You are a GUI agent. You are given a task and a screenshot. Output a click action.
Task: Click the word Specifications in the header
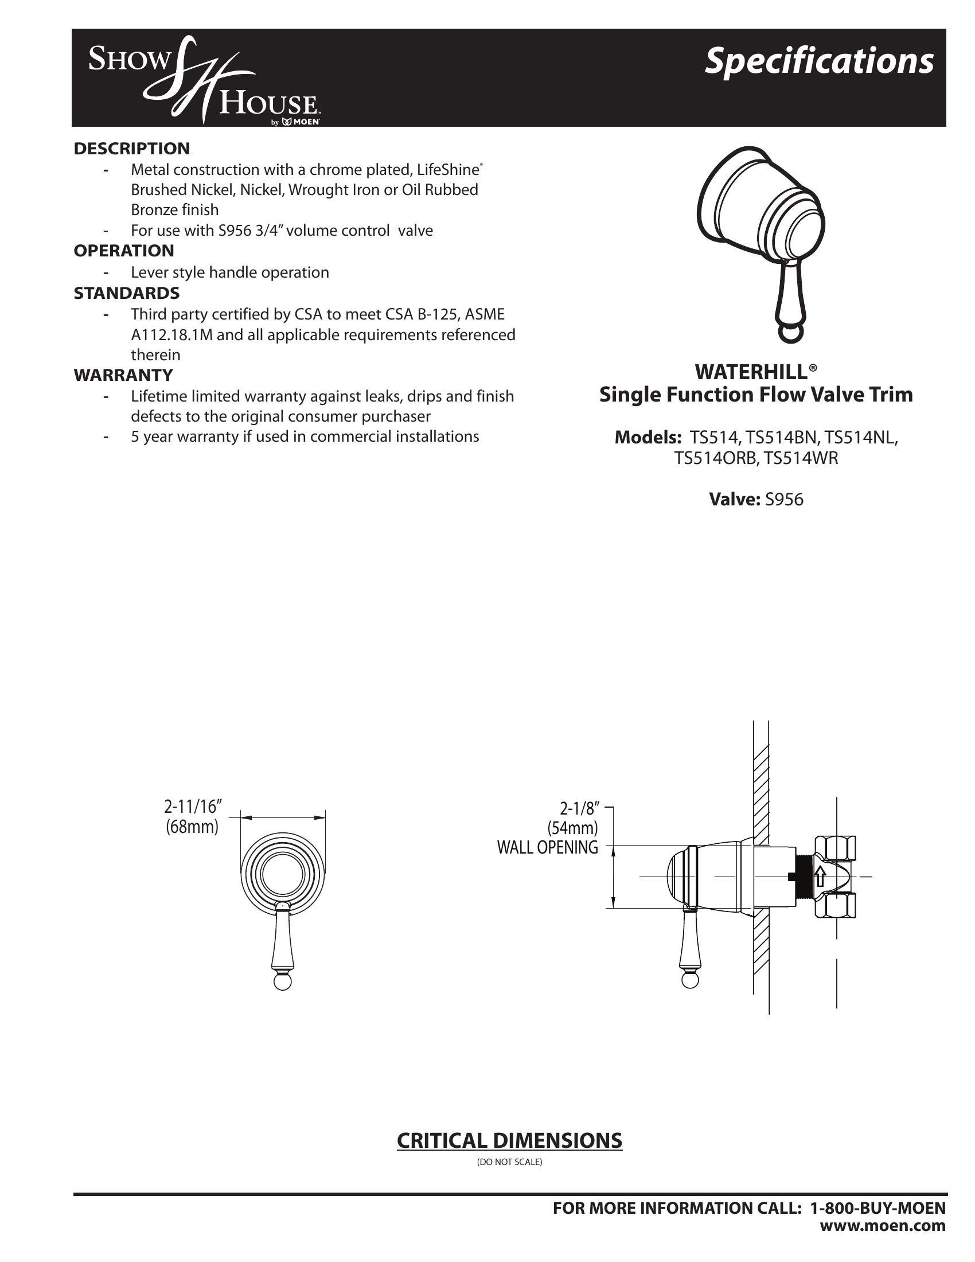tap(818, 61)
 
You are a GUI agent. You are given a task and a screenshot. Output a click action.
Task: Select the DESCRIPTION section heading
tap(132, 149)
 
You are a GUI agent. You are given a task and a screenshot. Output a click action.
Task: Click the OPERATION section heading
tap(124, 251)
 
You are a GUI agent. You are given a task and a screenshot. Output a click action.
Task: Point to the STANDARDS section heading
tap(127, 293)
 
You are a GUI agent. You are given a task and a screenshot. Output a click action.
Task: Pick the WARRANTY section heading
tap(123, 375)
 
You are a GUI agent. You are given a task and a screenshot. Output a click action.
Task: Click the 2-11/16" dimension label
tap(193, 806)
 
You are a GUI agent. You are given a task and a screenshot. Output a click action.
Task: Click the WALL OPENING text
tap(548, 848)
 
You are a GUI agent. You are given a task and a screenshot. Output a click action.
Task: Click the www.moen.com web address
tap(883, 1225)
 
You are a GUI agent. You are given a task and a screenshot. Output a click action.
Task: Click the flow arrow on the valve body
tap(819, 877)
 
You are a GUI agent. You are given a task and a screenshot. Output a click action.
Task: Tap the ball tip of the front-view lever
tap(282, 983)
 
